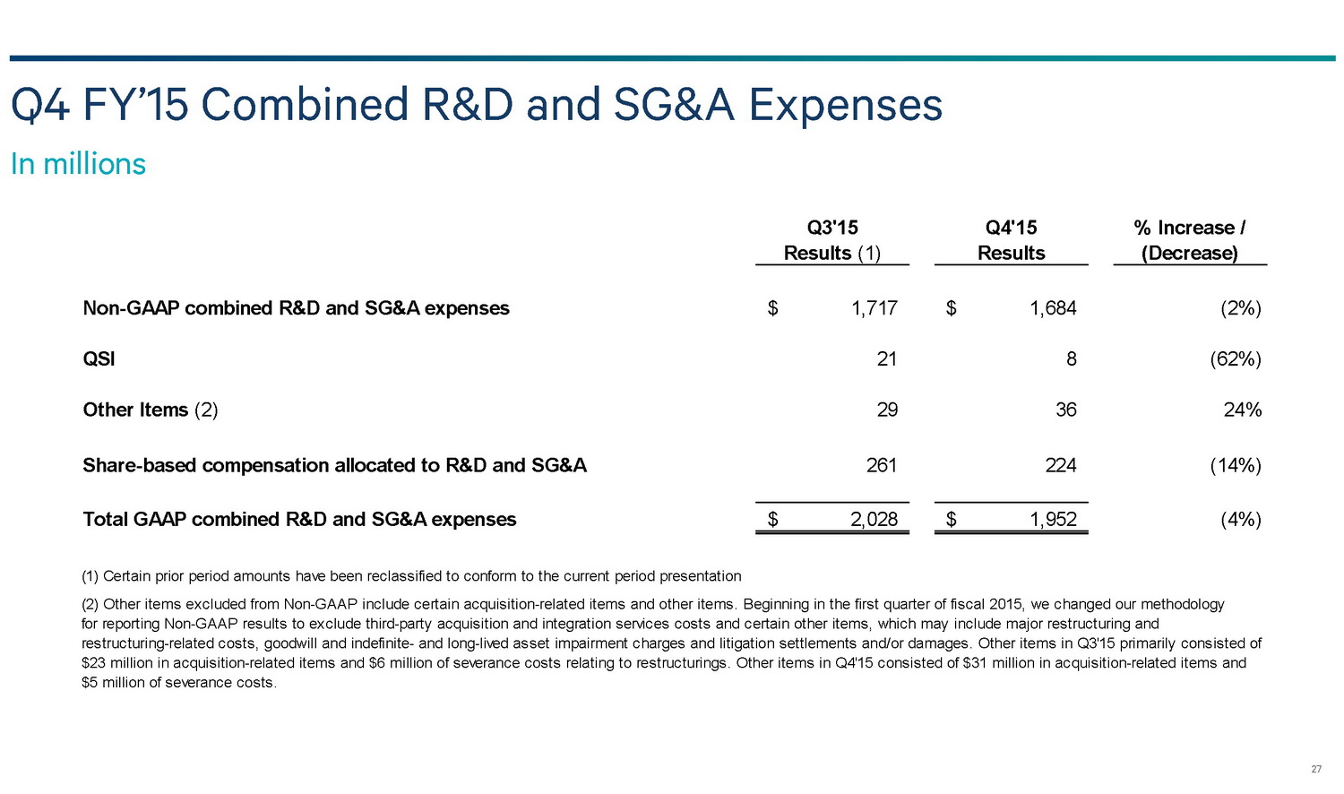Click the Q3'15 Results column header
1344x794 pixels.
(832, 240)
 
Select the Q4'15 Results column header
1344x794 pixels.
(1011, 240)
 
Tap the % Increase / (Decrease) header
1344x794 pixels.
(1189, 240)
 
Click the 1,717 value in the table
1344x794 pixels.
(874, 308)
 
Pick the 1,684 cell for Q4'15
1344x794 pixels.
(1053, 308)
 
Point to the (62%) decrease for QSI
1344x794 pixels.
(1236, 359)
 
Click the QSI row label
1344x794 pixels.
(99, 359)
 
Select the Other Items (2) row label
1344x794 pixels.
(150, 410)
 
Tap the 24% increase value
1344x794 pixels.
(1243, 410)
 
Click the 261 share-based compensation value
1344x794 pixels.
(882, 465)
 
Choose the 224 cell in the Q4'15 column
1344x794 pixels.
(1061, 465)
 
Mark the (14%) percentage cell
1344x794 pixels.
(1236, 465)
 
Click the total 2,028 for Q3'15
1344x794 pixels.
(874, 520)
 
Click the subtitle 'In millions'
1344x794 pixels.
(78, 164)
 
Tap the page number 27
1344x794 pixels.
(1316, 770)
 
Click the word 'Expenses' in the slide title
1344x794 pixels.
(845, 105)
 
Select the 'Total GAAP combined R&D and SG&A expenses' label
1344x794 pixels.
(299, 520)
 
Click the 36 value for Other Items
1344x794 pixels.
(1065, 410)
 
